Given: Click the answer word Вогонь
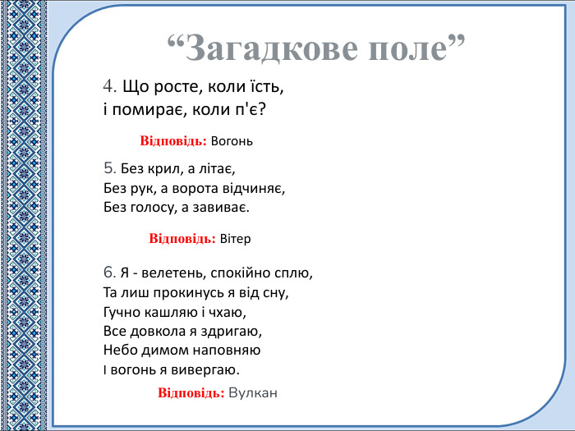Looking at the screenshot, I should point(232,141).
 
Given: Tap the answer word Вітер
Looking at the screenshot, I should point(235,239).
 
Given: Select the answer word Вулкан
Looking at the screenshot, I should point(254,393).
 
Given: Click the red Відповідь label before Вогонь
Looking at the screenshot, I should point(173,141).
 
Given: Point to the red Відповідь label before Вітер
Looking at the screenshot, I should point(182,239).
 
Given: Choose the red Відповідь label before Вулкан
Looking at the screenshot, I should point(191,393).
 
